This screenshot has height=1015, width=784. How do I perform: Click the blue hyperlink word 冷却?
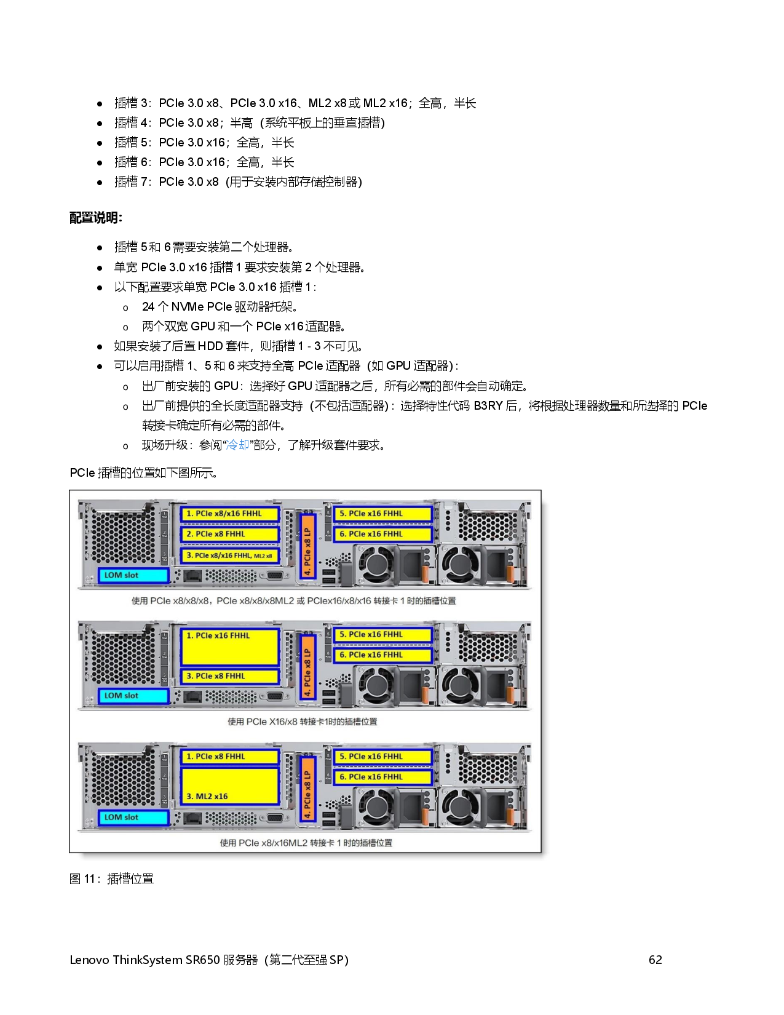tap(237, 445)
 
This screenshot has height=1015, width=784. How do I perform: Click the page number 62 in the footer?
tap(655, 960)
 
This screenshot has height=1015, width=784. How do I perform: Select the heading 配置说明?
tap(96, 218)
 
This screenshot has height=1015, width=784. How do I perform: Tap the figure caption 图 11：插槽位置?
tap(111, 878)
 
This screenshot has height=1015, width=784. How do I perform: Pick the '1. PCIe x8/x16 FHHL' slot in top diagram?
tap(229, 514)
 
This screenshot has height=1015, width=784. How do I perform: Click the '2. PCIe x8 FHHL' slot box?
tap(229, 534)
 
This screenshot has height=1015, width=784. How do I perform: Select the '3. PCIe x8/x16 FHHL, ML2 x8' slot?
tap(229, 555)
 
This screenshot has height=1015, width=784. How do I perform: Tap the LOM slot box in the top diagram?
tap(133, 575)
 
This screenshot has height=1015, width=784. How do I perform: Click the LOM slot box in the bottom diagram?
tap(133, 817)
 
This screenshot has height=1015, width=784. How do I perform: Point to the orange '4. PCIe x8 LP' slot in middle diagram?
tap(307, 667)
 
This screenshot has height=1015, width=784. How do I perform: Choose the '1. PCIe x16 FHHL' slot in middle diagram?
tap(229, 646)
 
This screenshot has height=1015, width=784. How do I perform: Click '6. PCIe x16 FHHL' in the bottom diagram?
tap(382, 777)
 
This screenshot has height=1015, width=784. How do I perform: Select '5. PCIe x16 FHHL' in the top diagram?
tap(382, 514)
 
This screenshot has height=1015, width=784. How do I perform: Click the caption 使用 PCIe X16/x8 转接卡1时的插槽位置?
tap(302, 722)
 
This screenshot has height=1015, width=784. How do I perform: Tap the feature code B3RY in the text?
tap(488, 406)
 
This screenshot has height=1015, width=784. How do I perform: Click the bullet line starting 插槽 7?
tap(237, 182)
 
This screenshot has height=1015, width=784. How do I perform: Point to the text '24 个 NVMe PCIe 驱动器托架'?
tap(219, 306)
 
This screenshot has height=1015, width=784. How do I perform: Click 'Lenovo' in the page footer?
tap(89, 960)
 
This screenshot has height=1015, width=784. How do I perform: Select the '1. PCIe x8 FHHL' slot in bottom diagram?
tap(229, 757)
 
